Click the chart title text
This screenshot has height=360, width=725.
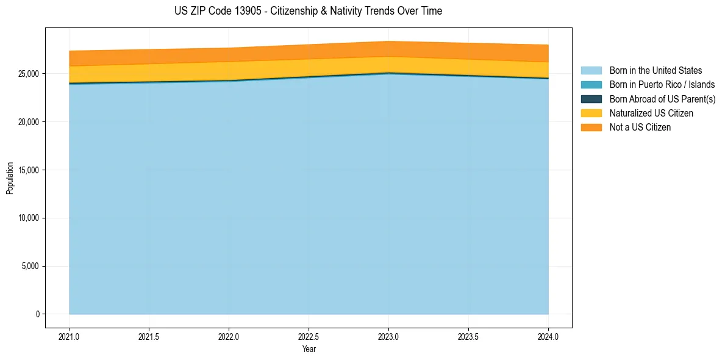click(308, 11)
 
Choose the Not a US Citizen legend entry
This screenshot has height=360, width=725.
click(640, 127)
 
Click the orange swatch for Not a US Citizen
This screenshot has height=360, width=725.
click(591, 127)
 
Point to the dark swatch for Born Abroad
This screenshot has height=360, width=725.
click(591, 99)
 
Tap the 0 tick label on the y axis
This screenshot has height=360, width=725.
click(37, 314)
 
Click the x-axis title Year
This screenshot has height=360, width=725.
click(309, 349)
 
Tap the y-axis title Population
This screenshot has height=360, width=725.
click(10, 178)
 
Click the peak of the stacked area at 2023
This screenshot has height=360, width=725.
click(388, 41)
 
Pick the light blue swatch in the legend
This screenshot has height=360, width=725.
click(591, 71)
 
